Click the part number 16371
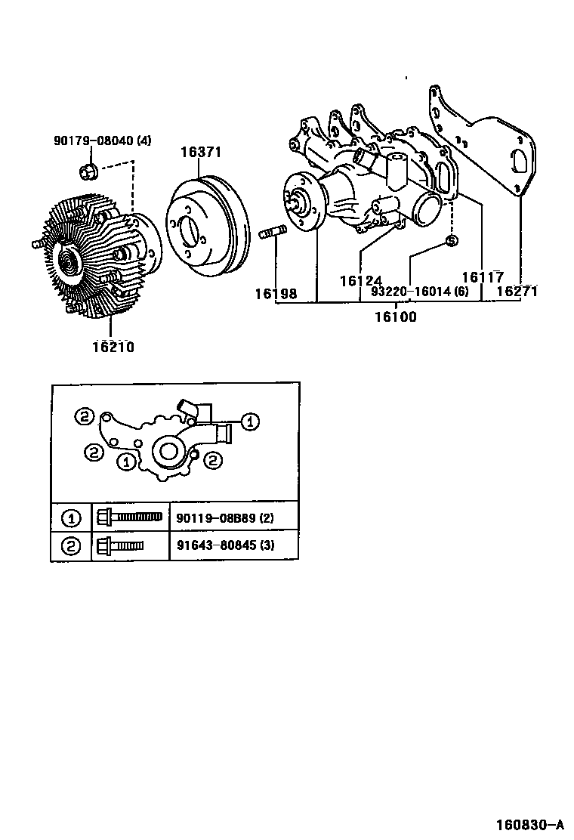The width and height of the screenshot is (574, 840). [200, 152]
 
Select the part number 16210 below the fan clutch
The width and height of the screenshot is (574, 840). [113, 347]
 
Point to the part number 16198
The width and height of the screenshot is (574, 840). [276, 293]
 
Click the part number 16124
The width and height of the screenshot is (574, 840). [360, 280]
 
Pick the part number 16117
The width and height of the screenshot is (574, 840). [482, 277]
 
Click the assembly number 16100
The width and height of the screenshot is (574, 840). [396, 317]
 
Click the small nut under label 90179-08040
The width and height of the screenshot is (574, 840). [87, 172]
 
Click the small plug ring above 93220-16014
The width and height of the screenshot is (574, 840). [449, 240]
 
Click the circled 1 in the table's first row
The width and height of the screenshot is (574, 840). [71, 518]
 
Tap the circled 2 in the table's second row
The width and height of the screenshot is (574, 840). [71, 546]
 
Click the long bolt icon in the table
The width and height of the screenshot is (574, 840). [130, 517]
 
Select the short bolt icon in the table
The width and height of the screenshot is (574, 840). [121, 545]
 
